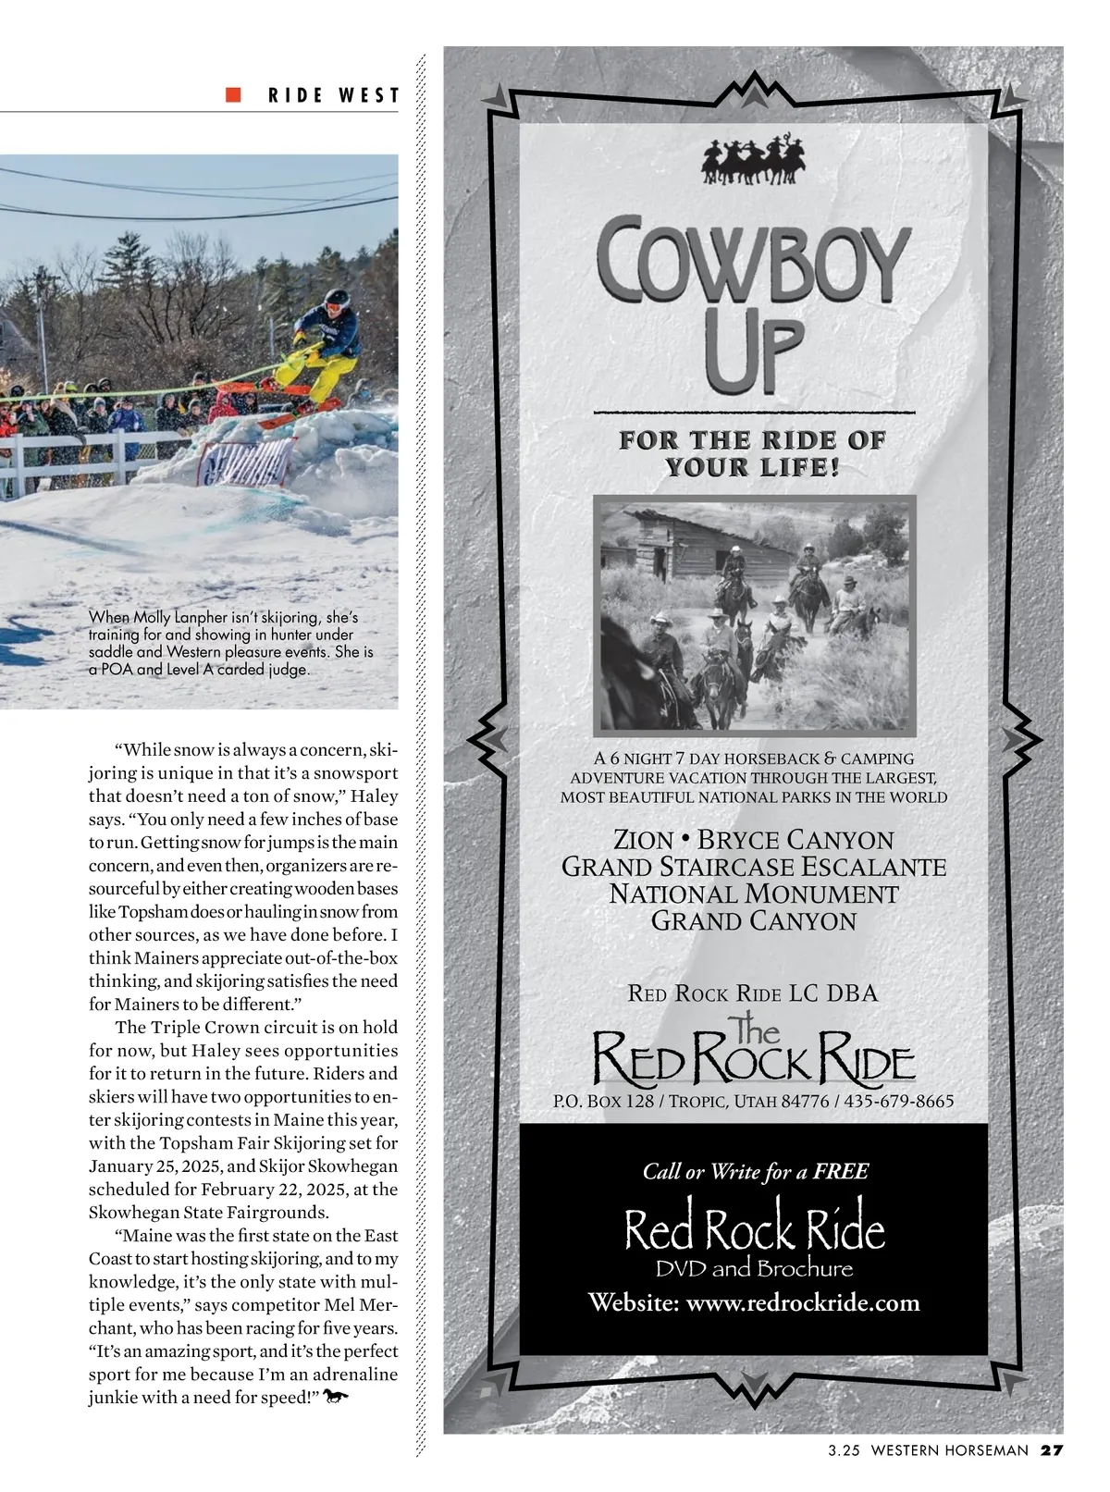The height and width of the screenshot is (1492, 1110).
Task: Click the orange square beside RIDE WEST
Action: click(x=234, y=94)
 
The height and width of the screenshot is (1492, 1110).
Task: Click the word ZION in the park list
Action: click(x=644, y=841)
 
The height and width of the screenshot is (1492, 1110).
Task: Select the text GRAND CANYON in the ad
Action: click(x=754, y=921)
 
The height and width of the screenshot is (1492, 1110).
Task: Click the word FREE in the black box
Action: click(x=841, y=1172)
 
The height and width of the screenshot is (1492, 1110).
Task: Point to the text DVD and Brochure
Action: click(x=754, y=1268)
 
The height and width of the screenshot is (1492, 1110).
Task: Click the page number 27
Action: click(x=1053, y=1449)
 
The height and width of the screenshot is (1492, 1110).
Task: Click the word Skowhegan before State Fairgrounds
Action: click(x=130, y=1213)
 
